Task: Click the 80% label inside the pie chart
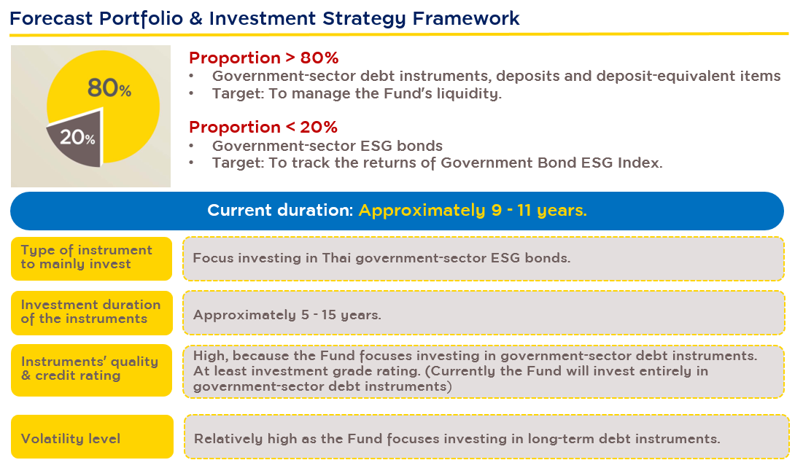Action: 109,87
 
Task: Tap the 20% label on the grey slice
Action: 77,137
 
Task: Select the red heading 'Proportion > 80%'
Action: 264,58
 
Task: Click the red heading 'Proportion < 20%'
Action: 263,127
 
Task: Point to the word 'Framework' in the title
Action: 466,18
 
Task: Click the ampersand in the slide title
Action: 196,18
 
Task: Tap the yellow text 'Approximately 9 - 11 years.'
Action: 473,211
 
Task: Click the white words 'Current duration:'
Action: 280,211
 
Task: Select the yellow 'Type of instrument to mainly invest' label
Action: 91,259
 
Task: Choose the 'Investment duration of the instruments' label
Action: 92,313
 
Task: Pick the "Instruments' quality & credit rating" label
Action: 92,370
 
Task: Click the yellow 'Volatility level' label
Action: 92,437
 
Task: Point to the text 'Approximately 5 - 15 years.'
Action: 287,314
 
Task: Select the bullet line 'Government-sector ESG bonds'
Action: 327,146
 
